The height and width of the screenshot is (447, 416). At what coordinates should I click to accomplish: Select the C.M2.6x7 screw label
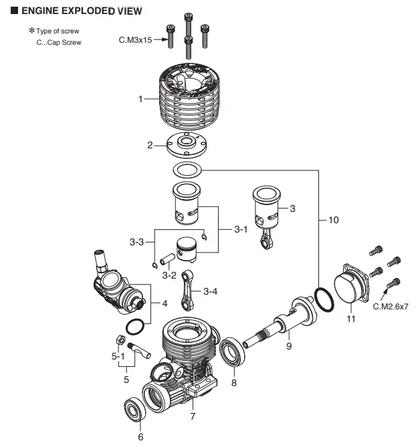(389, 306)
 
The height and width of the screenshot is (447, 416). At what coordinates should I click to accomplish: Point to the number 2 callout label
(150, 144)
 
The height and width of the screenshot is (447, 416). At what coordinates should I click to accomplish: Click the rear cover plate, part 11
(352, 287)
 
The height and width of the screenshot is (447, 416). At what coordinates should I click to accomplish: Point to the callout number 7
(193, 416)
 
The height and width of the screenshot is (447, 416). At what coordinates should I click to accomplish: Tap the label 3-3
(136, 242)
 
